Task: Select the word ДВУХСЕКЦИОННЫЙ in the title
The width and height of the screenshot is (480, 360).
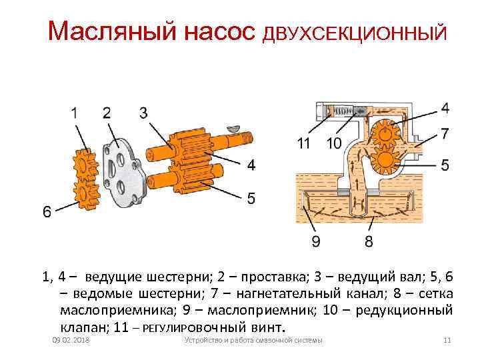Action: [353, 33]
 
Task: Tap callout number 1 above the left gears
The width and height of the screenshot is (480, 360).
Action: [79, 113]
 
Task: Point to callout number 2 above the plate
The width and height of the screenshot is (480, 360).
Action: [107, 113]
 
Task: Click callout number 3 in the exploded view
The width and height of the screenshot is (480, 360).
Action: [143, 113]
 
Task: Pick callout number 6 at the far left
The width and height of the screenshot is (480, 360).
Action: [47, 211]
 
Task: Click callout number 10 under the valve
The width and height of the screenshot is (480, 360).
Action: [334, 143]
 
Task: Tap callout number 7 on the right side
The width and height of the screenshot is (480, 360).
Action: [445, 134]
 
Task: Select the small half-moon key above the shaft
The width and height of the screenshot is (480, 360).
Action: [233, 126]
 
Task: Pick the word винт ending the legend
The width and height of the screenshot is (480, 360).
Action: [267, 328]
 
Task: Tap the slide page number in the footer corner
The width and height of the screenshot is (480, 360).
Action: [447, 341]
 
